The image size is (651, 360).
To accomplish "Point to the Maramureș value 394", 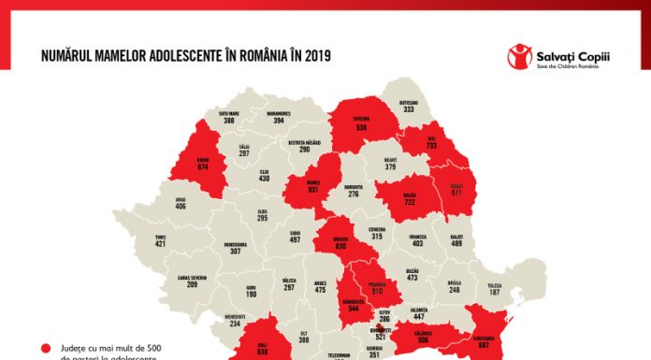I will [x=278, y=121].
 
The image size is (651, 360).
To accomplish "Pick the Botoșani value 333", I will [x=409, y=109].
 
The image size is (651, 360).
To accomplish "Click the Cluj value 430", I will [x=265, y=179].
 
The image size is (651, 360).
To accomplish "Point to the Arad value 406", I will [x=181, y=206].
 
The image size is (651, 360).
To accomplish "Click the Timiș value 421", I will [x=160, y=244].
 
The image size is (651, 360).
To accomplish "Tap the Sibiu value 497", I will [x=296, y=240].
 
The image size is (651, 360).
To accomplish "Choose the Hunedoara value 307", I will [x=236, y=252].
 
